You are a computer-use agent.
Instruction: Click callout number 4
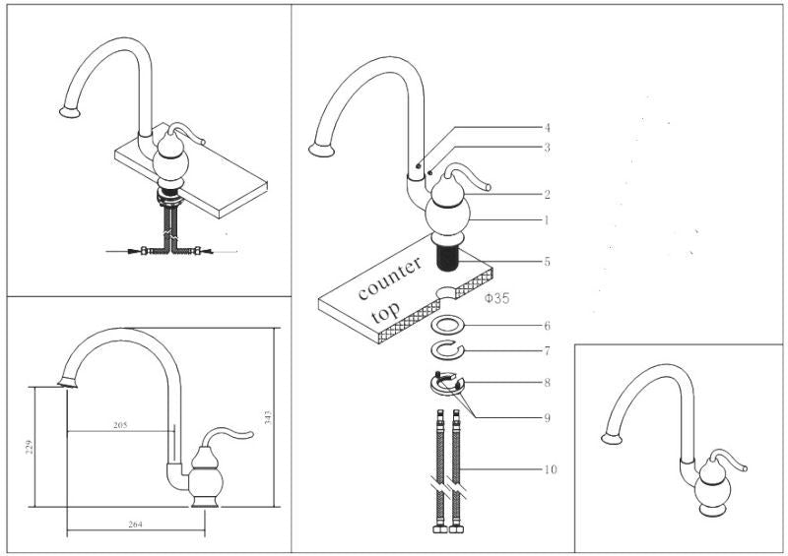point(548,128)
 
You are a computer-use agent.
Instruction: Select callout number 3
point(548,148)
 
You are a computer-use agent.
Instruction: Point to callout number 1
point(548,219)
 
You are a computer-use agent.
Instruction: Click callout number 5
point(548,262)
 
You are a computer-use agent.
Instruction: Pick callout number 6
point(548,326)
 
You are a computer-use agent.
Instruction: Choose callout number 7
point(548,350)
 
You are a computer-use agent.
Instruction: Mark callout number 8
point(548,382)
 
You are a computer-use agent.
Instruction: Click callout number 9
point(548,417)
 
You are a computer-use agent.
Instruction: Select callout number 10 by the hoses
point(550,469)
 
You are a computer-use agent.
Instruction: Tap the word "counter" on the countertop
point(390,278)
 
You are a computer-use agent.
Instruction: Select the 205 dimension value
point(121,425)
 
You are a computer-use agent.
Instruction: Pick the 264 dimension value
point(136,524)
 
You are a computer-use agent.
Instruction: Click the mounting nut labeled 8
point(445,382)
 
